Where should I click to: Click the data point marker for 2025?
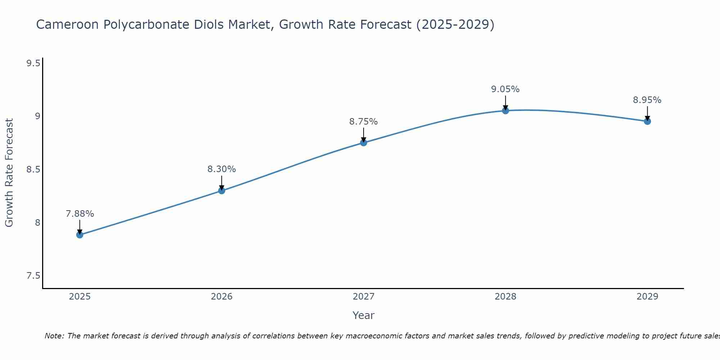80,235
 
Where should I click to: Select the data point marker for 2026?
222,190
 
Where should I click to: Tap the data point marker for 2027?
364,143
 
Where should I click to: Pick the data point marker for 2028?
505,111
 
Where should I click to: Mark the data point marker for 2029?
647,121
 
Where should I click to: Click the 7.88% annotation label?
80,214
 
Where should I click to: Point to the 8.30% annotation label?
222,169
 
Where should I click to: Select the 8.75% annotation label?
364,122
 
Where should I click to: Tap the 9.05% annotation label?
505,89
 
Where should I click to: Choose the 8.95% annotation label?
647,100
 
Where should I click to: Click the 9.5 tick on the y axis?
33,63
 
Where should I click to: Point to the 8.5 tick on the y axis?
33,170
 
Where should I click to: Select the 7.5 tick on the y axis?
33,276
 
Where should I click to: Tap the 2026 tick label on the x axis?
222,297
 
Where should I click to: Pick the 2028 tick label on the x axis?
505,297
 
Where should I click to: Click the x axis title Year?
364,315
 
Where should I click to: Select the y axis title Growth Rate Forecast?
9,173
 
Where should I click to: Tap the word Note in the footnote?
54,336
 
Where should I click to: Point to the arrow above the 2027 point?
364,135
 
